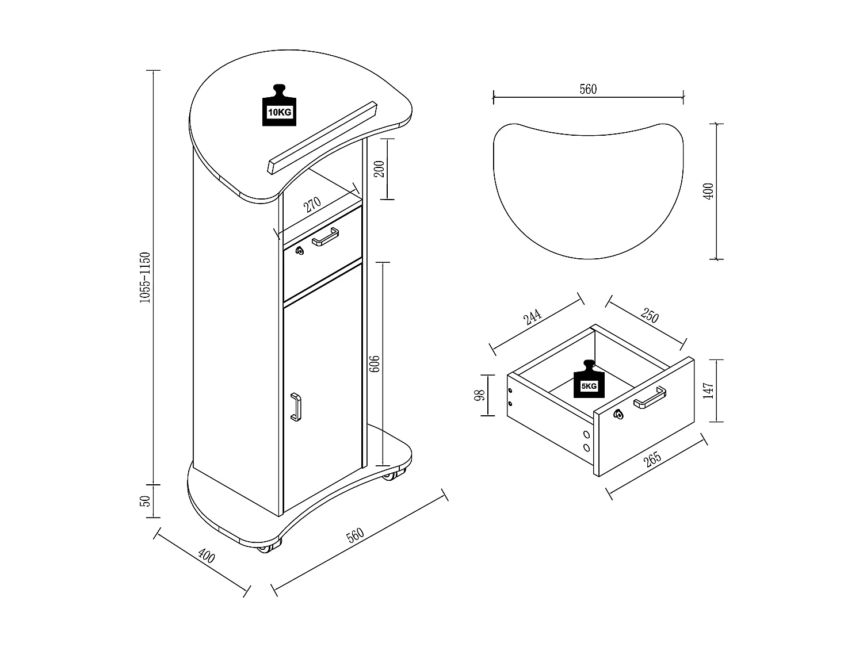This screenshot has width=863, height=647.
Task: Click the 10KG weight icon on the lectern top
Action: (279, 106)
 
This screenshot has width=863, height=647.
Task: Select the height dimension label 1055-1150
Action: (146, 277)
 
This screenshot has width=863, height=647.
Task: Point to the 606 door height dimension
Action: (374, 363)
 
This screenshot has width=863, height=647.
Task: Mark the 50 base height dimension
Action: (146, 501)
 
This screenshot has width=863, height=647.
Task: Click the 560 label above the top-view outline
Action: (588, 89)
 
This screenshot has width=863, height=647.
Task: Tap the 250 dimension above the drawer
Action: (649, 317)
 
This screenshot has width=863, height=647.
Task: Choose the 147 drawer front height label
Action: (708, 390)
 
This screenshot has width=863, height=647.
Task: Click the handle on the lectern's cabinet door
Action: (296, 407)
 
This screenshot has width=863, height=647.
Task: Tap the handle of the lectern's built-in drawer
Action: (325, 236)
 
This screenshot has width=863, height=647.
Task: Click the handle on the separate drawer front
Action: (650, 397)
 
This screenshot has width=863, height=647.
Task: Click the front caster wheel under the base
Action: (265, 547)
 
